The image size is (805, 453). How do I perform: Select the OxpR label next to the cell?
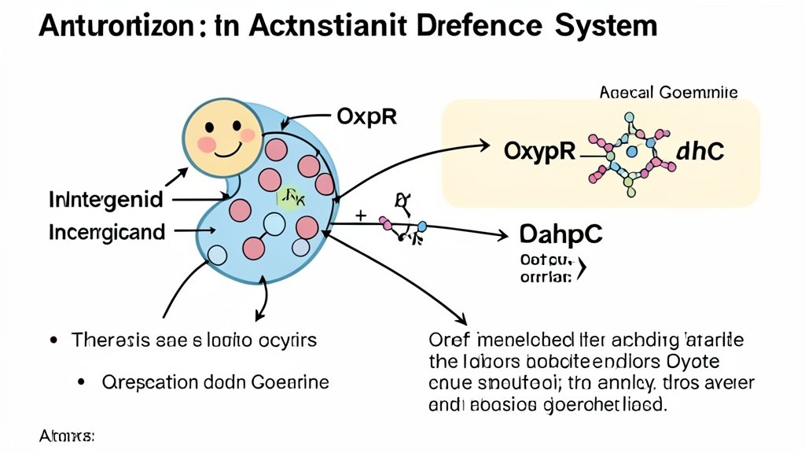pyautogui.click(x=366, y=116)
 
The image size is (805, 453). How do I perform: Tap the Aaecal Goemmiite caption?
pyautogui.click(x=668, y=93)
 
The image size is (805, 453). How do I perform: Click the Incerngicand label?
pyautogui.click(x=107, y=232)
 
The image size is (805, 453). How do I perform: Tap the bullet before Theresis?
pyautogui.click(x=53, y=341)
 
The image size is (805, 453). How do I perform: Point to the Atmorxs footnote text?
pyautogui.click(x=66, y=435)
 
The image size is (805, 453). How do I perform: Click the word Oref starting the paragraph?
pyautogui.click(x=447, y=341)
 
